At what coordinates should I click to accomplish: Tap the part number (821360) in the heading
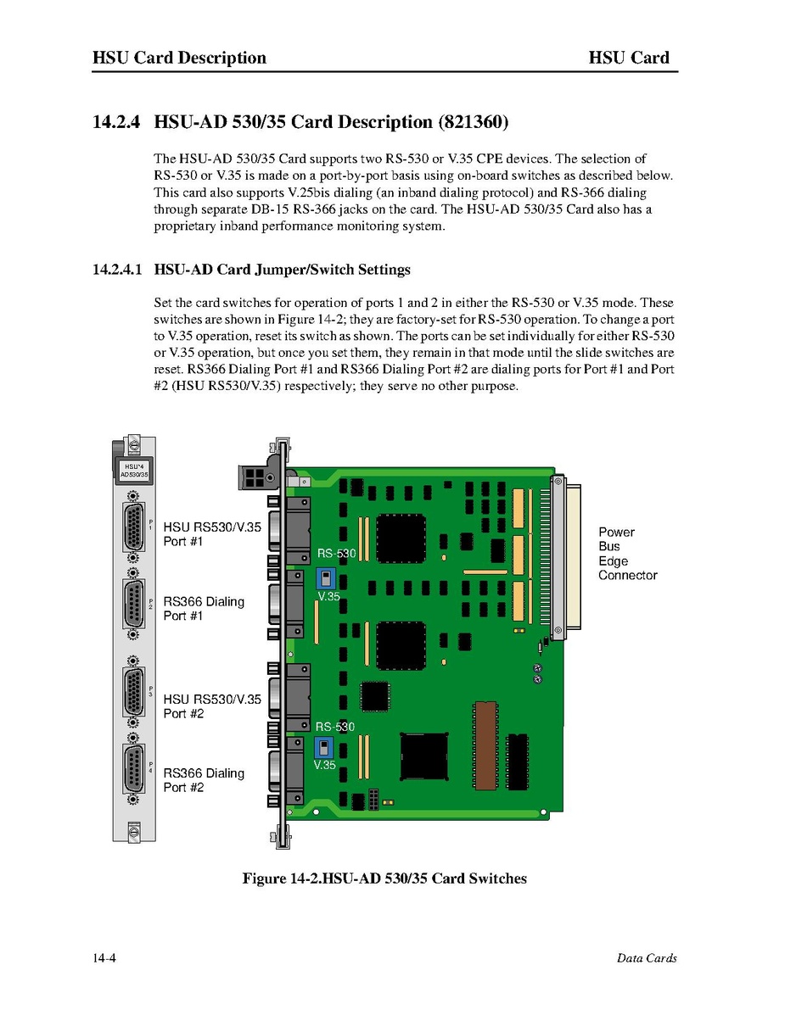(474, 122)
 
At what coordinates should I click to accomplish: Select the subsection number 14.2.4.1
(117, 270)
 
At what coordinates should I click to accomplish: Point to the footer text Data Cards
(647, 958)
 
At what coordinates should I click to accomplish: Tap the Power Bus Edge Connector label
(627, 554)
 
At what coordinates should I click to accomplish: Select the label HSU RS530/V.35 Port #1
(212, 533)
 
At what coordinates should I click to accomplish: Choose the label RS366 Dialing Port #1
(204, 608)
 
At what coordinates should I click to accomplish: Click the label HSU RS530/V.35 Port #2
(212, 706)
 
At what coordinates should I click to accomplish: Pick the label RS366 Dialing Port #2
(204, 780)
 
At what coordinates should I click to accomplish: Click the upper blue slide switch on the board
(324, 578)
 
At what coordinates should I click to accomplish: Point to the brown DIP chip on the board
(485, 739)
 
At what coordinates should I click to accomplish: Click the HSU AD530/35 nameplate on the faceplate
(134, 471)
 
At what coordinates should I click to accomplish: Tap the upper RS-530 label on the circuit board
(336, 555)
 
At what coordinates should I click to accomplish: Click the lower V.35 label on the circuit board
(325, 765)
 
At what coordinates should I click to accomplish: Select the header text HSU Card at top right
(629, 58)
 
